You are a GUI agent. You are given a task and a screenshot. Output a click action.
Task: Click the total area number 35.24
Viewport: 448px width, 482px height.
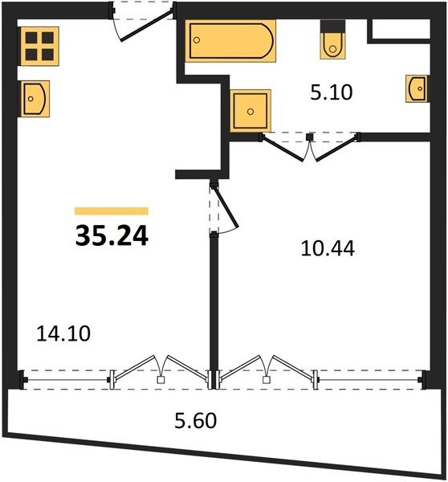click(112, 235)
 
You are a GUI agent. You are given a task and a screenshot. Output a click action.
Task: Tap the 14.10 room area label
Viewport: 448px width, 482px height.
click(63, 333)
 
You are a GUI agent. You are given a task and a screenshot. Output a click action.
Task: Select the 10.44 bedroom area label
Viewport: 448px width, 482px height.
click(328, 248)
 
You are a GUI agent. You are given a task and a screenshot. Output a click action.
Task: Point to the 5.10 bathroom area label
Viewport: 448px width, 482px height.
click(332, 92)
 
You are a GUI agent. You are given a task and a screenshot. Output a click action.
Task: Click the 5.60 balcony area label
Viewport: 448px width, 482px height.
click(196, 420)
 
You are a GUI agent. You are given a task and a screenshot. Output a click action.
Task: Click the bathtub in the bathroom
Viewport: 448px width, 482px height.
click(230, 41)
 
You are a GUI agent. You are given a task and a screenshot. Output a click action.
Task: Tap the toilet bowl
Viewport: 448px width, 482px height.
click(332, 46)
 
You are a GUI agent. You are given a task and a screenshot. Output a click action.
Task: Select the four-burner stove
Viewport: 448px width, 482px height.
click(39, 46)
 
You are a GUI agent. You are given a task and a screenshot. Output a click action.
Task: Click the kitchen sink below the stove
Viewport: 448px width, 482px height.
click(35, 99)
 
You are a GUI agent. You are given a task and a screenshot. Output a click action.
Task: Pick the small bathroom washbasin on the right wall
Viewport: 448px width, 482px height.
click(417, 88)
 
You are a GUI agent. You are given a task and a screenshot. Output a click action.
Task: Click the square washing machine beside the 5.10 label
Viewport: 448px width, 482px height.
click(250, 111)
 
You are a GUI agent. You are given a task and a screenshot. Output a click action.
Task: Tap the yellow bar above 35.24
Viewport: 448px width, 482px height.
click(112, 210)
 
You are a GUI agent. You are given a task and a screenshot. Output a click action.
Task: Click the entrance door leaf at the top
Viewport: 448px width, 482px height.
click(147, 26)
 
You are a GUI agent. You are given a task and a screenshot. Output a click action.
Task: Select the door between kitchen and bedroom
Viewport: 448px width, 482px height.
click(226, 206)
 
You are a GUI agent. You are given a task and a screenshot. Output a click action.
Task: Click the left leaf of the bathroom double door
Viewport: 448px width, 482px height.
click(283, 149)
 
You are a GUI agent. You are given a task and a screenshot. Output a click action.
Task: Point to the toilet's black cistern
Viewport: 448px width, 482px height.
click(332, 27)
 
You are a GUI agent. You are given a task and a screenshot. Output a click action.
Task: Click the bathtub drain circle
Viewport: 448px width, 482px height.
click(197, 40)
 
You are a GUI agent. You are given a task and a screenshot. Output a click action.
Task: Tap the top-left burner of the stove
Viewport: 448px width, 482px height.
click(31, 38)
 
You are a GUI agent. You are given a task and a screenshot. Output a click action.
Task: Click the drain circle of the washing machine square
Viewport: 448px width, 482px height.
click(250, 112)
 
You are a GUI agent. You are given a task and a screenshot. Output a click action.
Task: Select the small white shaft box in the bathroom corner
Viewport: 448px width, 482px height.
click(401, 29)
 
